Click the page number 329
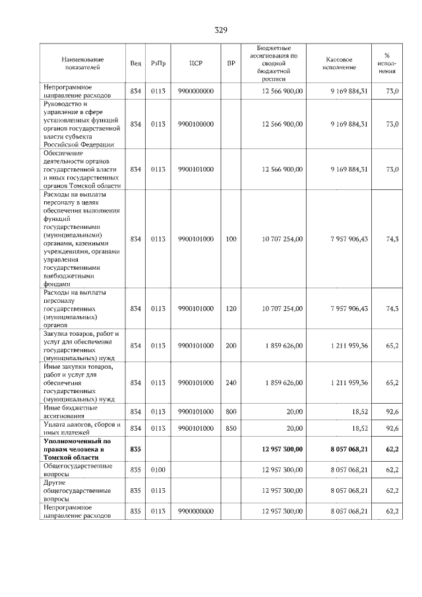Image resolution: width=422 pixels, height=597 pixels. click(221, 30)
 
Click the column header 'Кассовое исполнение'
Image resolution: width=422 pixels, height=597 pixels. click(340, 63)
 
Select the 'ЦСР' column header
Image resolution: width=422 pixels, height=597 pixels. click(195, 63)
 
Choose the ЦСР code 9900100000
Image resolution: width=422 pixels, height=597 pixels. click(195, 124)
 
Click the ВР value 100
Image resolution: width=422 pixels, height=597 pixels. click(231, 239)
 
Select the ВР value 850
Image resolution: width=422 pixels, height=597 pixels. click(231, 428)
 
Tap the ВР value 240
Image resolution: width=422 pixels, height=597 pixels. click(231, 383)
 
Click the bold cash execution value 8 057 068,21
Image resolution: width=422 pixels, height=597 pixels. click(349, 449)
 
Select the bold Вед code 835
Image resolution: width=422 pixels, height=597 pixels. click(136, 449)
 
